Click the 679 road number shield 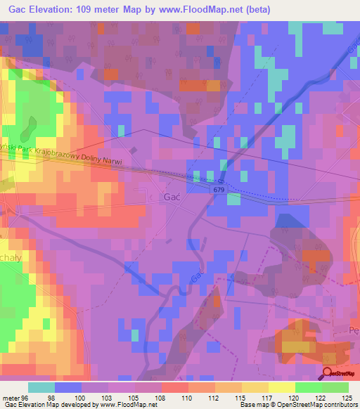[x=219, y=189]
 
